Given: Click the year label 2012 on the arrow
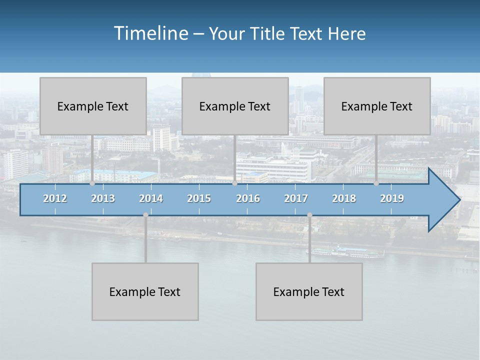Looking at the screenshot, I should [55, 198].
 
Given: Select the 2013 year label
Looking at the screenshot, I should [103, 198].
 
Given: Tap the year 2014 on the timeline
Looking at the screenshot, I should [151, 198].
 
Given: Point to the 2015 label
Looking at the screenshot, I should [199, 198].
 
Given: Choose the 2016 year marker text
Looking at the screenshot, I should [248, 198].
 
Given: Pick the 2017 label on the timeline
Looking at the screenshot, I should [296, 198].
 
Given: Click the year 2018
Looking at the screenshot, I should [344, 198].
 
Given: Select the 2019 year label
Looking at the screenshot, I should [392, 198].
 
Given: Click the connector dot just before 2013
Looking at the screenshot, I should [92, 183].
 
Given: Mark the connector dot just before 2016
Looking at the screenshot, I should [234, 183].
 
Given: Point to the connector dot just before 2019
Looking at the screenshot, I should [376, 183].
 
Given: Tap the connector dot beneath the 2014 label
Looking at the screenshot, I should [145, 215].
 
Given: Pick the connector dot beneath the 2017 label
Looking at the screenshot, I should [309, 215].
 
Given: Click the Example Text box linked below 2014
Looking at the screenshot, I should [145, 291].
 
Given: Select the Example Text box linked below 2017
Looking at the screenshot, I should [309, 291].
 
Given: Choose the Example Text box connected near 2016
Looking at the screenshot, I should [235, 106].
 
